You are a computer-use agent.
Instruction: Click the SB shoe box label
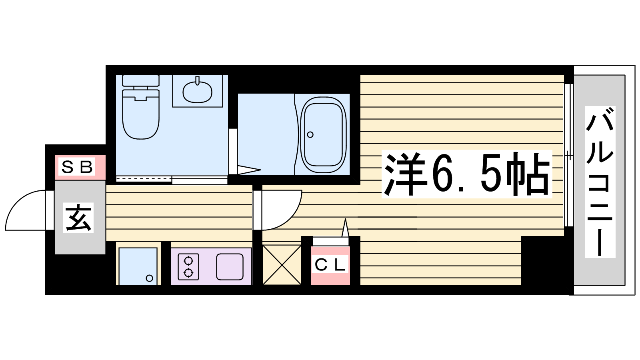pyautogui.click(x=77, y=167)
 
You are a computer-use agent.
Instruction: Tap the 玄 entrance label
pyautogui.click(x=78, y=217)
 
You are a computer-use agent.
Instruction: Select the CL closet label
pyautogui.click(x=330, y=266)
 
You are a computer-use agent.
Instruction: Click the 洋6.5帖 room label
pyautogui.click(x=466, y=174)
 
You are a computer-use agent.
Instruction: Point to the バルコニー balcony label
pyautogui.click(x=600, y=182)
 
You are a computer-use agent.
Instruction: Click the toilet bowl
pyautogui.click(x=140, y=114)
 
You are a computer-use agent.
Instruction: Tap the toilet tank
pyautogui.click(x=140, y=80)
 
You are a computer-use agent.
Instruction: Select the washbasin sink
pyautogui.click(x=198, y=92)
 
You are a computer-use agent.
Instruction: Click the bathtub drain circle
pyautogui.click(x=310, y=134)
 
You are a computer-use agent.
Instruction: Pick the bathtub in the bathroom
pyautogui.click(x=323, y=134)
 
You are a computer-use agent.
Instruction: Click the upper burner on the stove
pyautogui.click(x=188, y=261)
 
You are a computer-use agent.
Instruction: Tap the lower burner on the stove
pyautogui.click(x=188, y=273)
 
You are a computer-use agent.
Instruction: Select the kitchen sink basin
pyautogui.click(x=230, y=267)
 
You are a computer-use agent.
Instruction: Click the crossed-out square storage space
pyautogui.click(x=282, y=265)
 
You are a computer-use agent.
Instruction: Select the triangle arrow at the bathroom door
pyautogui.click(x=249, y=170)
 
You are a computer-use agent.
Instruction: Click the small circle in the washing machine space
pyautogui.click(x=149, y=278)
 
